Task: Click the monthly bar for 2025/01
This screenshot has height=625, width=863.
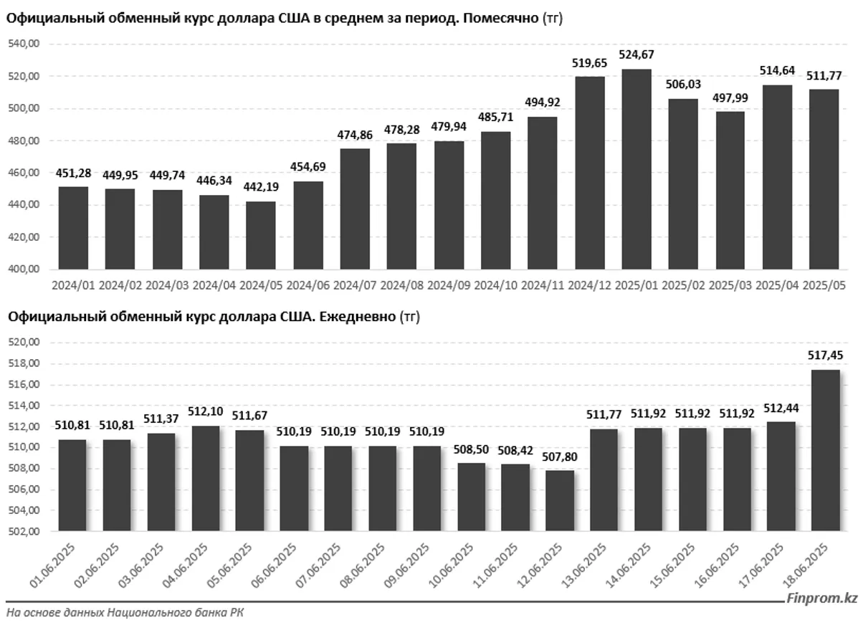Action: click(x=636, y=169)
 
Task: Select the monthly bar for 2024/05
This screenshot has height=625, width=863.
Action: click(x=261, y=235)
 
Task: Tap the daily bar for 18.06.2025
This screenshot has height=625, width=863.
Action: click(x=825, y=450)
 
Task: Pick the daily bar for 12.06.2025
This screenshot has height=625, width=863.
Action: click(x=560, y=500)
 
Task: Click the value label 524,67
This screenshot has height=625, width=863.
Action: click(x=636, y=54)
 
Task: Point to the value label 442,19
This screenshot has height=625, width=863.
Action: click(x=261, y=187)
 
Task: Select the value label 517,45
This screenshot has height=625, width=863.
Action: click(x=825, y=355)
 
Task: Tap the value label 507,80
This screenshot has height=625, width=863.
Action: click(x=560, y=456)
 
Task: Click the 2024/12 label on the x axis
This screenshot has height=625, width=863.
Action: click(x=589, y=285)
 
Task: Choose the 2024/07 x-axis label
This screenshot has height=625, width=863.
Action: click(x=354, y=285)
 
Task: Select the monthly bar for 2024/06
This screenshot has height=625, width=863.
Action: click(x=308, y=225)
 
